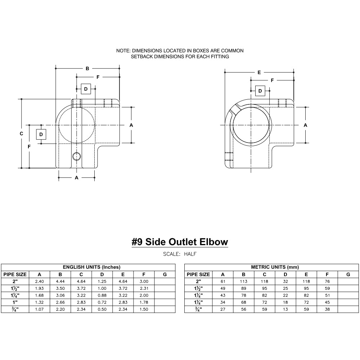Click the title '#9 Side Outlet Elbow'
[x=180, y=242]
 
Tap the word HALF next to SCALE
[x=190, y=254]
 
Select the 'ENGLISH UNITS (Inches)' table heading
[x=91, y=267]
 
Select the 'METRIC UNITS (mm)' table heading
[x=275, y=267]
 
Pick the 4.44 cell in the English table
[x=60, y=282]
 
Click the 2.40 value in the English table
[x=39, y=282]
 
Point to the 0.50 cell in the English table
[x=102, y=309]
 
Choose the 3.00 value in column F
[x=144, y=282]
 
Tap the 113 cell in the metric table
[x=244, y=282]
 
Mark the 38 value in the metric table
[x=327, y=309]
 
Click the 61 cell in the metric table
[x=223, y=282]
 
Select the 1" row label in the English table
[x=15, y=302]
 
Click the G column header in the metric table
[x=348, y=274]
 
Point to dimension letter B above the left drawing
[x=87, y=69]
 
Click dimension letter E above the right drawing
[x=259, y=72]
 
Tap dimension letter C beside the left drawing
[x=22, y=134]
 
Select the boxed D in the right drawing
[x=260, y=91]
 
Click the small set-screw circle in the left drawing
[x=76, y=156]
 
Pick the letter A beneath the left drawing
[x=76, y=177]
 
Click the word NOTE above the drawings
[x=123, y=51]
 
